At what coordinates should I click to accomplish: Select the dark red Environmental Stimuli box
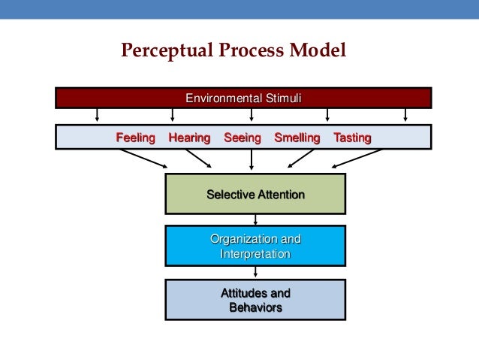244,98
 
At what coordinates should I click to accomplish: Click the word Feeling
135,138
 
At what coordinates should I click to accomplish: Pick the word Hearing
189,138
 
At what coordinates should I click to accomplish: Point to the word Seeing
242,138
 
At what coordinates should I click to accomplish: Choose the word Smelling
297,138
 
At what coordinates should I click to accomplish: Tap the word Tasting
351,138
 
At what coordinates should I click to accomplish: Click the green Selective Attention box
255,194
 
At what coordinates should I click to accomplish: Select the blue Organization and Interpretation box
255,247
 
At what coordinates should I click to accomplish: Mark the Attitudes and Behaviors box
255,301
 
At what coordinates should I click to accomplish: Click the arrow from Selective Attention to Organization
256,219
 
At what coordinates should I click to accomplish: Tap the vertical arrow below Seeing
252,159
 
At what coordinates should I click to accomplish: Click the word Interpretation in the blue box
255,254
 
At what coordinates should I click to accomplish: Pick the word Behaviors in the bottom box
255,307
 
